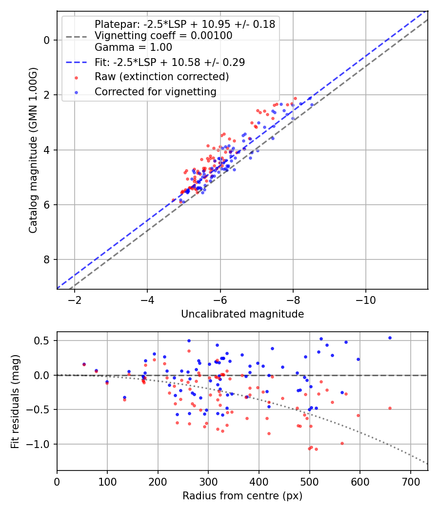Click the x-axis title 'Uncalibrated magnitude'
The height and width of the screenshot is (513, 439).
click(x=242, y=314)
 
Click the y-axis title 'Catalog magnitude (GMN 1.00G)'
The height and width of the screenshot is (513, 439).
click(x=33, y=150)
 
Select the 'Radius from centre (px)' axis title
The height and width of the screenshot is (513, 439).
click(x=242, y=496)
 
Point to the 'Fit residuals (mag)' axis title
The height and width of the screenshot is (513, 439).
click(x=15, y=401)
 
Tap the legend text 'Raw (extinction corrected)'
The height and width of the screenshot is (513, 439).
click(x=161, y=77)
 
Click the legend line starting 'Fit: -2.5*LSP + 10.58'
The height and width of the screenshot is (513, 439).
click(x=170, y=62)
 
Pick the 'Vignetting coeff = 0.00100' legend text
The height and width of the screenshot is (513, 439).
click(x=163, y=36)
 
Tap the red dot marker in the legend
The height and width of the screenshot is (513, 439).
click(x=76, y=77)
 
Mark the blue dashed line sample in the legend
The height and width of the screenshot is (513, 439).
click(x=76, y=63)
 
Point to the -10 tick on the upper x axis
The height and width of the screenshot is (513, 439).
click(x=366, y=299)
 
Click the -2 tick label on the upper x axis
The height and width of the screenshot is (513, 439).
click(x=75, y=299)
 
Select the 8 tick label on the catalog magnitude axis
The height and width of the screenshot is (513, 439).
click(x=47, y=259)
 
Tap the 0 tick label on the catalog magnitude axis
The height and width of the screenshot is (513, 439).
click(x=47, y=40)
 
